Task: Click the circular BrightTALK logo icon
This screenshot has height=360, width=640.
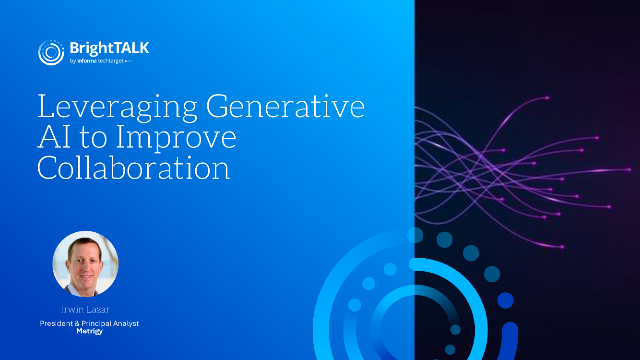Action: point(51,53)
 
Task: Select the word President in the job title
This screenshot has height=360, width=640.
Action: point(58,323)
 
